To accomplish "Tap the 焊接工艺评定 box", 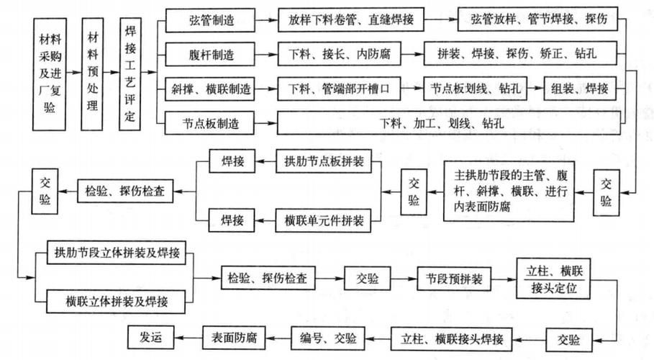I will (x=130, y=74).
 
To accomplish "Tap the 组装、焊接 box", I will (x=581, y=89).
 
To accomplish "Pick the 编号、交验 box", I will (x=327, y=336).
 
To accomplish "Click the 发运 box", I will (x=148, y=336).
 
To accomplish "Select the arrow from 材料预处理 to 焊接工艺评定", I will (x=112, y=74).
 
